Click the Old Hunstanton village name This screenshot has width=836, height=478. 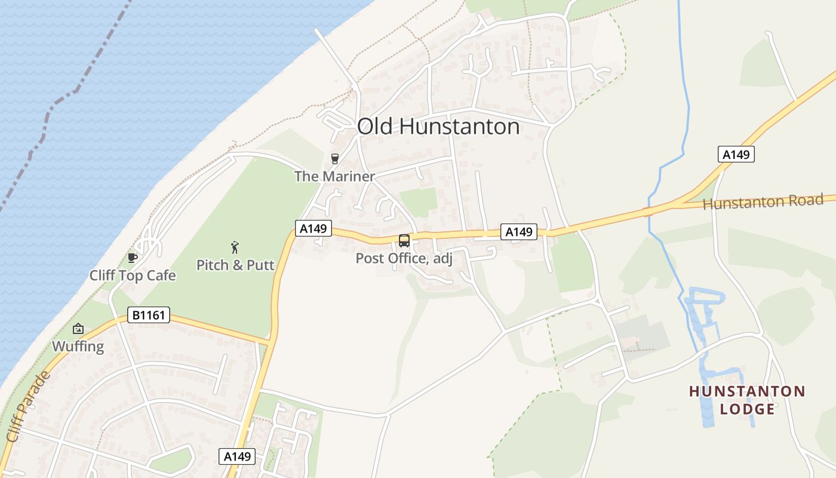click(438, 127)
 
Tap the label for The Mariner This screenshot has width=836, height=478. click(334, 176)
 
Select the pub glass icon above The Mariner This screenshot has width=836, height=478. click(334, 159)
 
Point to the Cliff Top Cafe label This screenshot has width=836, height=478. click(133, 275)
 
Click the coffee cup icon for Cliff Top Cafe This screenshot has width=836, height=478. click(133, 258)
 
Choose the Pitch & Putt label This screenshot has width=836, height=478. click(235, 265)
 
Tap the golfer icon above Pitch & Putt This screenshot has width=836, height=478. click(235, 247)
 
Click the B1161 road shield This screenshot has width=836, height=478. click(149, 315)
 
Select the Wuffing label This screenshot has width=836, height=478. click(78, 347)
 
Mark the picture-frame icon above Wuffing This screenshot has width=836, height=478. click(78, 329)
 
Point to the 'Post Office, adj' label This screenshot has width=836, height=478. click(404, 259)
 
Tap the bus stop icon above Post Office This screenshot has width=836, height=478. click(404, 241)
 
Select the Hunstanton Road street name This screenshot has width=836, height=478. click(763, 202)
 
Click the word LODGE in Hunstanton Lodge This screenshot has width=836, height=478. click(747, 409)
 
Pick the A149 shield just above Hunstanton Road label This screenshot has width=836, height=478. click(736, 155)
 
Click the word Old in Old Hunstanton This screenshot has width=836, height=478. click(376, 127)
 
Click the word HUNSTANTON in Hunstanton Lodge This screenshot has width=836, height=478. click(747, 392)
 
